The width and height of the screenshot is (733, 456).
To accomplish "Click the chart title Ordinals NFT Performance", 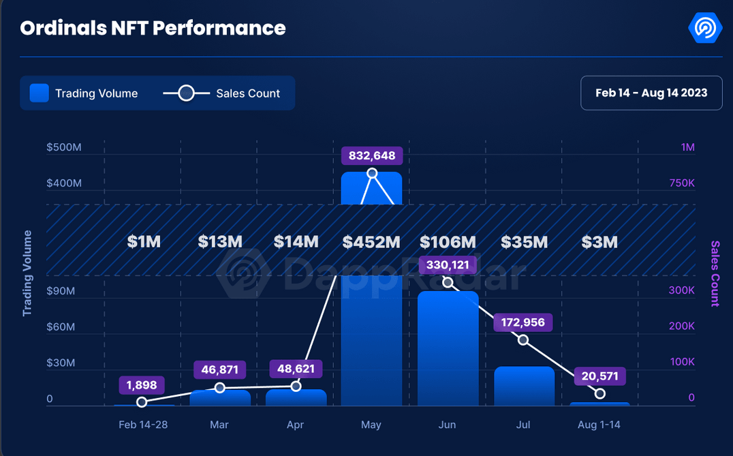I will [153, 28].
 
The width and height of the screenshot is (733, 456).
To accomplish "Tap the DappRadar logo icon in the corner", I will [704, 28].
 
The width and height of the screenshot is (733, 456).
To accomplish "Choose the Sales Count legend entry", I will [222, 93].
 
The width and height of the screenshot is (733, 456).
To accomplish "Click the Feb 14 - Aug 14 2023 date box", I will [651, 93].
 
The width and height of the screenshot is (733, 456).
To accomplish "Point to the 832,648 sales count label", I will [372, 155].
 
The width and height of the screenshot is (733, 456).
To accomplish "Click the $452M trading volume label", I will [371, 242].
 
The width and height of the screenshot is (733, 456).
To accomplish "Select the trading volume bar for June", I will [448, 348].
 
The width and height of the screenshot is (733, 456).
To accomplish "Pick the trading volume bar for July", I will [524, 386].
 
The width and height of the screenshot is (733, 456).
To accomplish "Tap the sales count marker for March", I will [220, 388].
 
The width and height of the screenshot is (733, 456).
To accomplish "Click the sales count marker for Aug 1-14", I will [600, 394].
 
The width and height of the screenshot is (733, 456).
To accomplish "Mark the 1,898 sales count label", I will [142, 385].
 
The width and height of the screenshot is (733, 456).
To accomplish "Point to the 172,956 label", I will [523, 322].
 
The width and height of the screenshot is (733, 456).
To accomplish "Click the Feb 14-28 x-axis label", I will [142, 425].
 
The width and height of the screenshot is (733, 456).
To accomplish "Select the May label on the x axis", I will [371, 425].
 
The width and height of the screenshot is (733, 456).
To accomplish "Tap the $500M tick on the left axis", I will [64, 147].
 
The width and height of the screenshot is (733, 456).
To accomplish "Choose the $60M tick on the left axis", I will [61, 327].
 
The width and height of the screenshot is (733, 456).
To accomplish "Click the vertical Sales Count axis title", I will [715, 273].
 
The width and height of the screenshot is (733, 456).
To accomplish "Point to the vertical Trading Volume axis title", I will [27, 273].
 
